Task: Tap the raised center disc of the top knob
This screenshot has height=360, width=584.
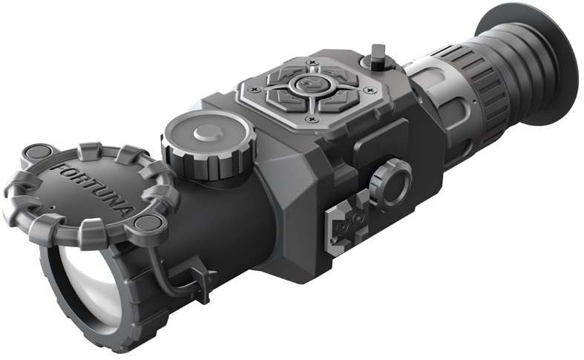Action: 209,134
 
